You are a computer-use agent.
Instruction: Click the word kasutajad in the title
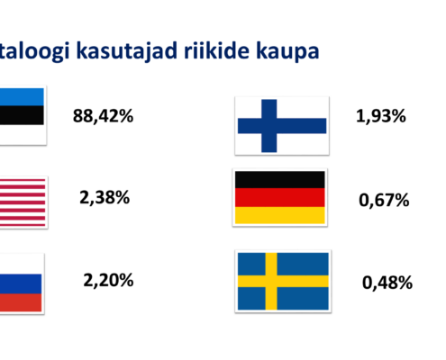pos(127,51)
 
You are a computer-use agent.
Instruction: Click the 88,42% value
pos(103,116)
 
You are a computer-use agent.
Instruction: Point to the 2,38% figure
pos(105,197)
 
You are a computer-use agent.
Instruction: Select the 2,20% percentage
pos(108,280)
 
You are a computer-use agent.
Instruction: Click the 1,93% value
pos(381,116)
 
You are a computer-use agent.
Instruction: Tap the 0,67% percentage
pos(384,200)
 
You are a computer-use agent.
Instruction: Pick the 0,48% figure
pos(387,283)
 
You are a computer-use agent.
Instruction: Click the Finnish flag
pos(282,126)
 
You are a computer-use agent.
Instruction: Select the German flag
pos(280,197)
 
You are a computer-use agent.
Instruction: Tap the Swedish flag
pos(283,281)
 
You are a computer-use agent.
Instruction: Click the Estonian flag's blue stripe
pos(22,97)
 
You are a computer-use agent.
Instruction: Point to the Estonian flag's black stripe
pos(22,115)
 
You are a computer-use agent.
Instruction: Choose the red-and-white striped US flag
pos(23,202)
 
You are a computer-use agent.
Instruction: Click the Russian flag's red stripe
pos(21,302)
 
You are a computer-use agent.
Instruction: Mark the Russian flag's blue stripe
pos(21,283)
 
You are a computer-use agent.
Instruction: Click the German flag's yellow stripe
pos(280,215)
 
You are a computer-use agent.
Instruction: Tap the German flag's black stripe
pos(280,180)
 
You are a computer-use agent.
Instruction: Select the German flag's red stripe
pos(280,197)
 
